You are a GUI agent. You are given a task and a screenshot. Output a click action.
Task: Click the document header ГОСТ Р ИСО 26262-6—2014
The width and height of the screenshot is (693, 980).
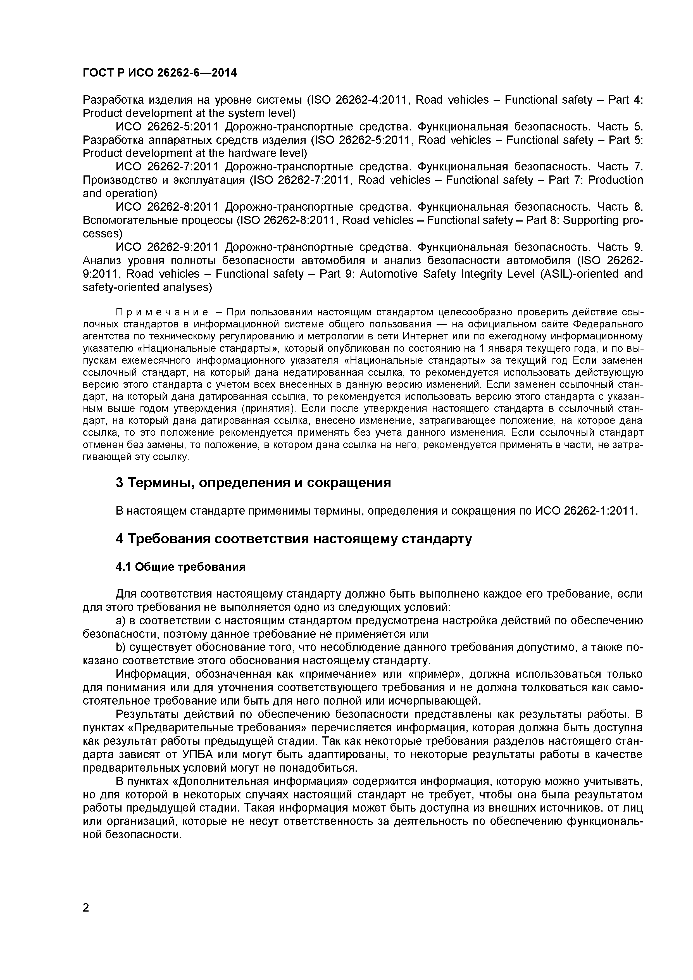[x=159, y=73]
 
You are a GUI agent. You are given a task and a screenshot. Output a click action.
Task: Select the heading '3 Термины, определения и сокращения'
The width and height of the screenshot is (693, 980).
[x=253, y=483]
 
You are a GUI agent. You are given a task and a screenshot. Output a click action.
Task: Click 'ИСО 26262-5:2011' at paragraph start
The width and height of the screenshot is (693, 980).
[x=167, y=127]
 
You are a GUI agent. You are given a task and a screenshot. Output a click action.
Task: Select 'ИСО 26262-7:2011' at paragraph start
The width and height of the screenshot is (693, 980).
[x=167, y=166]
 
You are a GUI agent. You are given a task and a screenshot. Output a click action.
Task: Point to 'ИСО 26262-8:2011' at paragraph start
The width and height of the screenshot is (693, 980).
[x=167, y=207]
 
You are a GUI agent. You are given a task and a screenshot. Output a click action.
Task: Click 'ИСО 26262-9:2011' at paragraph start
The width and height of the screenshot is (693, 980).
[x=167, y=247]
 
